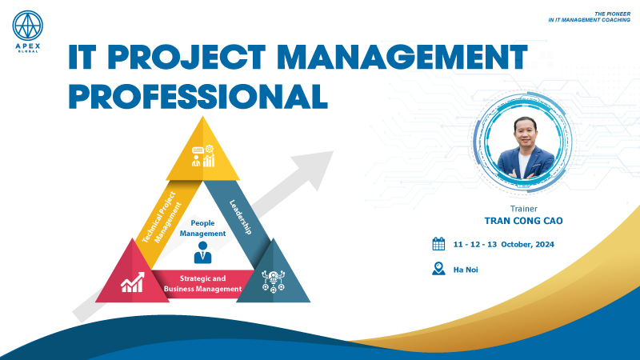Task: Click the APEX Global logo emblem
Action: click(x=28, y=26)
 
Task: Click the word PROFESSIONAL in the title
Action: click(x=198, y=96)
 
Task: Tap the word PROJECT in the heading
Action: click(x=186, y=57)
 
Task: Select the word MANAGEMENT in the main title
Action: click(x=402, y=57)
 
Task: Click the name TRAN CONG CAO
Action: click(x=523, y=221)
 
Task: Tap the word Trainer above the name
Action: click(x=524, y=209)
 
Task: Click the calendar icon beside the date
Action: click(x=438, y=244)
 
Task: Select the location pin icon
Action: click(x=438, y=269)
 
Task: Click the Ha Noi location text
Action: click(x=466, y=270)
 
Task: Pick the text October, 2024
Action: click(x=527, y=245)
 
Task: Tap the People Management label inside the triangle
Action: click(x=202, y=228)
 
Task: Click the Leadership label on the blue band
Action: click(x=241, y=217)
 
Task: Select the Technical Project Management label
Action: click(x=162, y=217)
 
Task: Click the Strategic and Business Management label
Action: click(x=203, y=284)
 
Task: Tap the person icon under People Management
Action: click(x=202, y=252)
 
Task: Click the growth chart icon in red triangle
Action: click(x=132, y=282)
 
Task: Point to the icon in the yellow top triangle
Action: click(x=203, y=156)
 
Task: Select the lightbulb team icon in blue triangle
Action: click(x=273, y=282)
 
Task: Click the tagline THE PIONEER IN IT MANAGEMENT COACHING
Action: click(x=590, y=17)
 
